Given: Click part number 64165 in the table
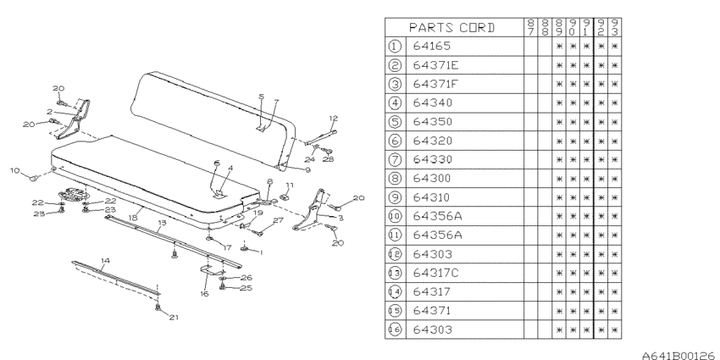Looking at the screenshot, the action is point(432,46).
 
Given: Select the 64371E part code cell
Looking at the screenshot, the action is point(435,65).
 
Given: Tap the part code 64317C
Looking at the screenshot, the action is point(435,274).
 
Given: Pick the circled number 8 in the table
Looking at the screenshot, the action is point(395,178).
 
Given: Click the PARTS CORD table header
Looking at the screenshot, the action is point(452,28).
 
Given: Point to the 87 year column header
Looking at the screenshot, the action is point(531,28).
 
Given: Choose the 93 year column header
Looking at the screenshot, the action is point(615,28).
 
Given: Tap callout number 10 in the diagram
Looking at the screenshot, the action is point(15,171).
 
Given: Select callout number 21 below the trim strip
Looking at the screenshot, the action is point(173,318).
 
